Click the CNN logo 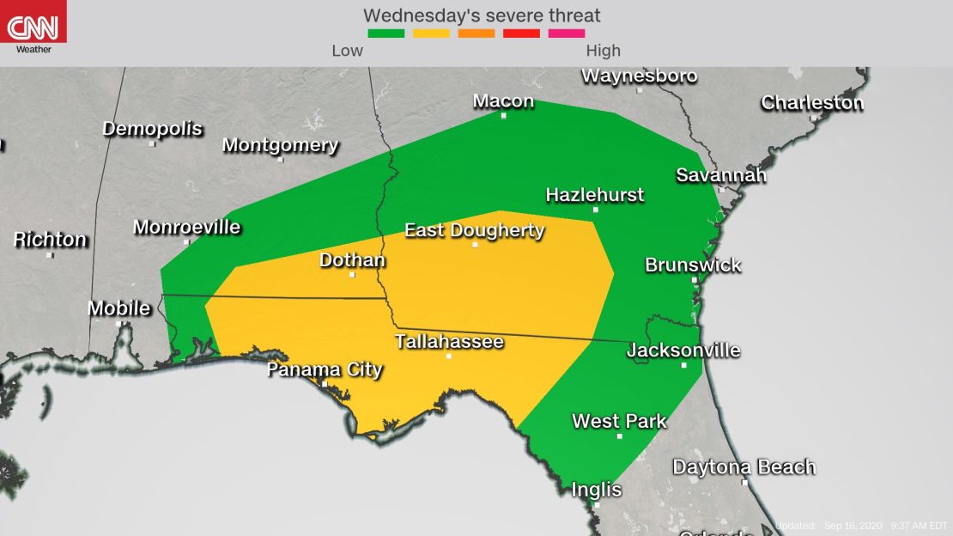(33, 27)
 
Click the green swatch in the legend (385, 33)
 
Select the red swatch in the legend (522, 33)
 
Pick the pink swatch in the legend (567, 33)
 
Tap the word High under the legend (603, 51)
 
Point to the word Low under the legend (347, 51)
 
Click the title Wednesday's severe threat (482, 15)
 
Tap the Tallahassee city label (449, 342)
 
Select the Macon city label (503, 101)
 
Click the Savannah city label (720, 175)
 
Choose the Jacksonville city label (683, 350)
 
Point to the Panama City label (324, 370)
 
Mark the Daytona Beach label (744, 467)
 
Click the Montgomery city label (280, 145)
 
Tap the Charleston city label (811, 103)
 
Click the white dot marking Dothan (352, 275)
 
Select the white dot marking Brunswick (695, 280)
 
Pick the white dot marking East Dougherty (475, 245)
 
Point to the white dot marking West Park (619, 436)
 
